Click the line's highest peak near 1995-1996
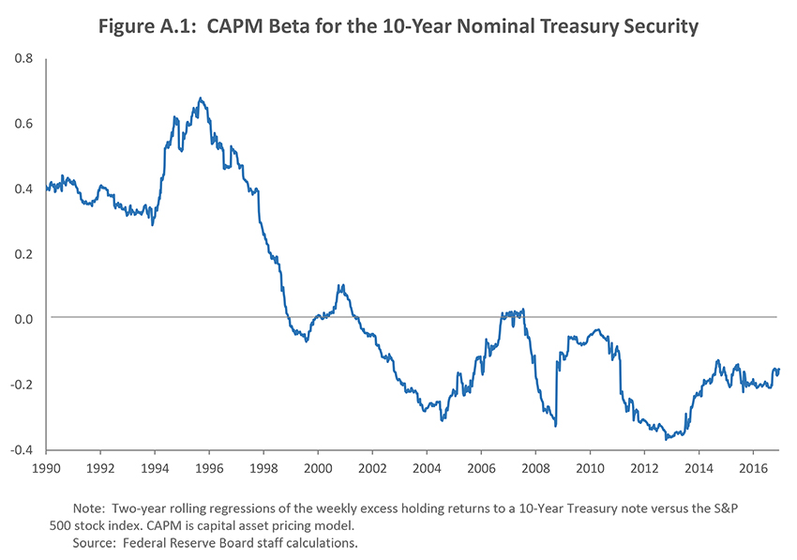(200, 98)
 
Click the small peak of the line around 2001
(340, 284)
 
